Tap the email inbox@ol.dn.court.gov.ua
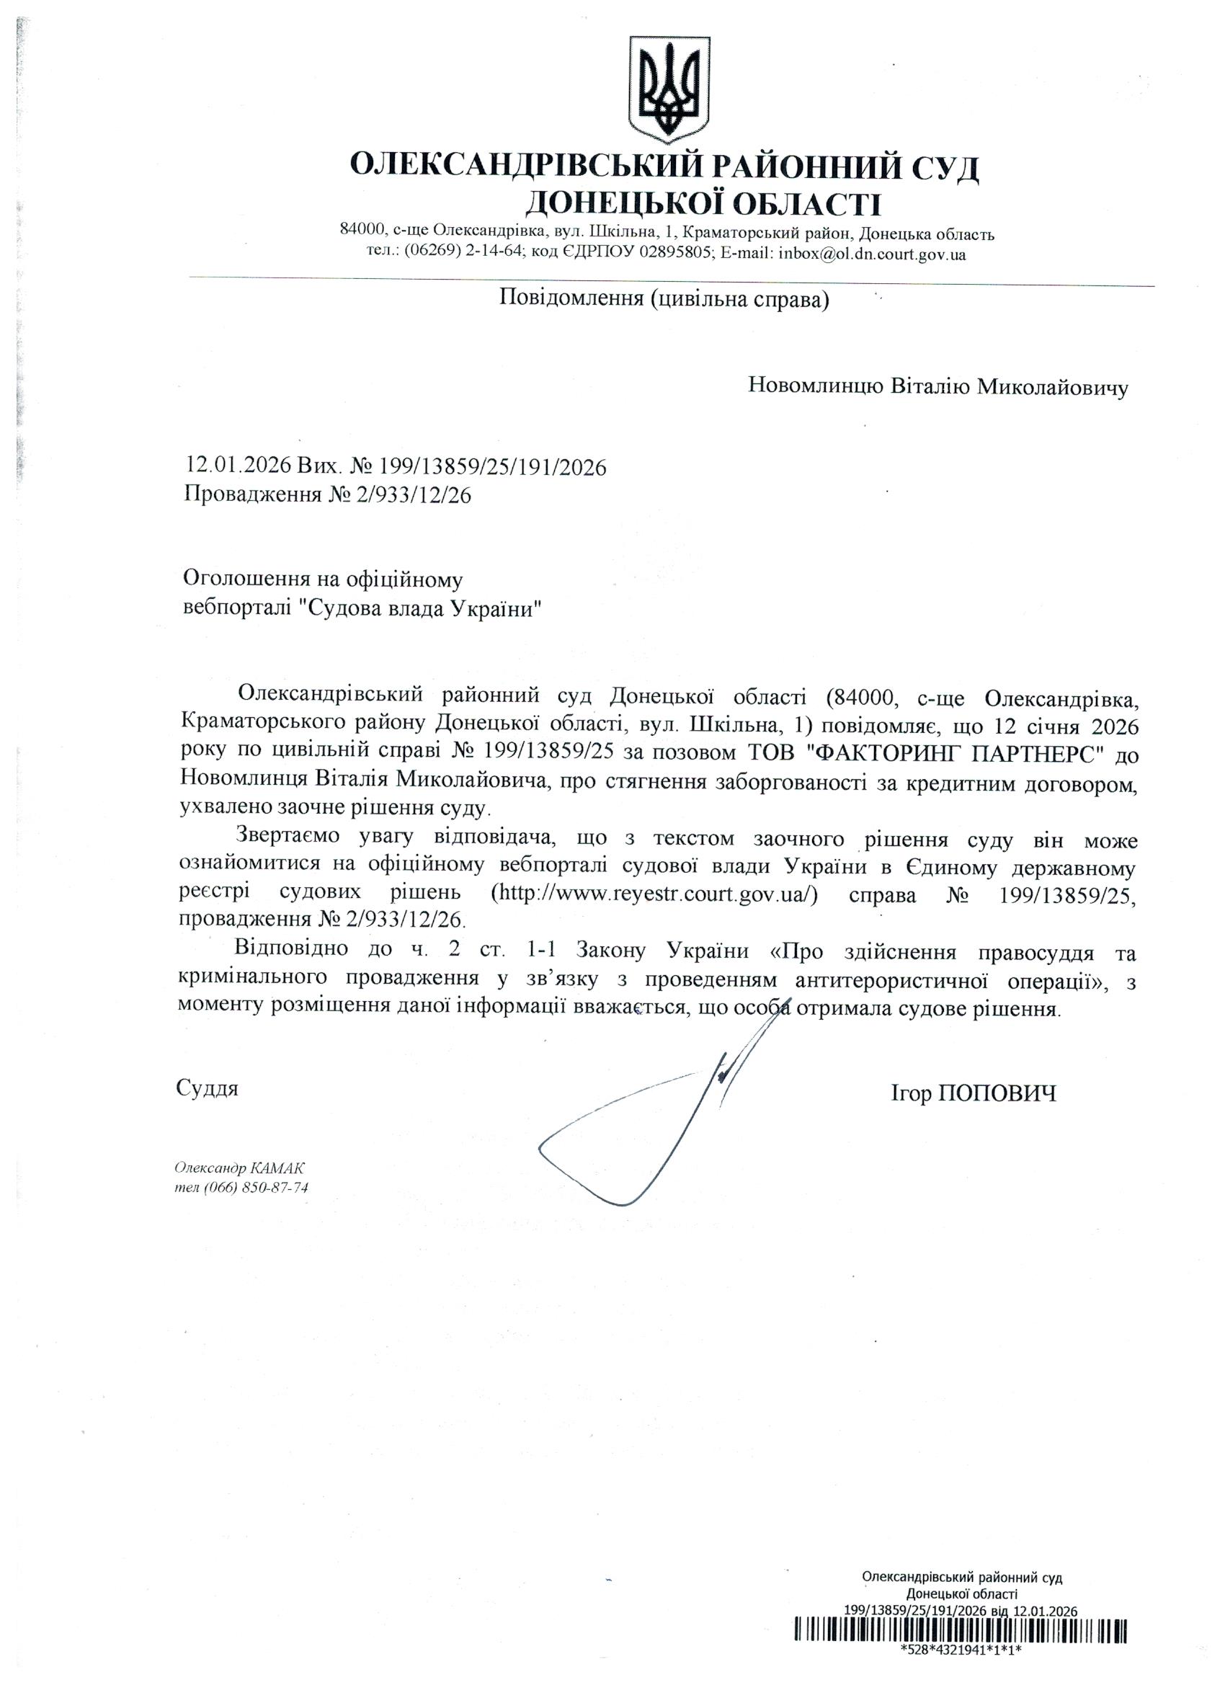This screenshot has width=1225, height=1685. pos(871,254)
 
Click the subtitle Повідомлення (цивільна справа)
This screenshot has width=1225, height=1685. pos(664,299)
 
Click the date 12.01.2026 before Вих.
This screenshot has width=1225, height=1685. pos(239,466)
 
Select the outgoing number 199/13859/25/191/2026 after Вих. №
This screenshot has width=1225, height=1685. pos(493,466)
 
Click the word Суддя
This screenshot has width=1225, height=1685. pos(208,1089)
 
